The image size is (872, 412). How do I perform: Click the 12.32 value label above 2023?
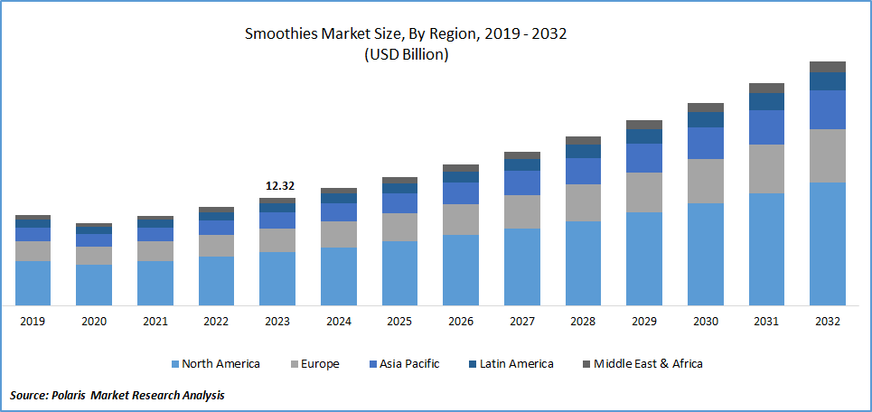(x=278, y=186)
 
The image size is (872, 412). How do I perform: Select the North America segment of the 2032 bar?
(x=827, y=243)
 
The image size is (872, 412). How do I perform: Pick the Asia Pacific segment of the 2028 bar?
(x=583, y=171)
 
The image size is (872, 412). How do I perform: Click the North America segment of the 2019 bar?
(x=33, y=283)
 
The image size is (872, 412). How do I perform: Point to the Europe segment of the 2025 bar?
(x=399, y=227)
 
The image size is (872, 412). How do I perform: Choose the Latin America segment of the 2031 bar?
(x=766, y=101)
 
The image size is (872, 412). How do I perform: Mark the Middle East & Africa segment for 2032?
(x=827, y=67)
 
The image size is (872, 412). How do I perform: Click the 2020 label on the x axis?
(x=94, y=322)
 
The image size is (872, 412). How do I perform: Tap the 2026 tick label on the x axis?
(x=460, y=322)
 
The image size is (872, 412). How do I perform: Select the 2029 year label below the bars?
(x=643, y=322)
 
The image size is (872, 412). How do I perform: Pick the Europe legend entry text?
(x=321, y=364)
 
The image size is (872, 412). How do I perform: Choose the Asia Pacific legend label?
(x=410, y=364)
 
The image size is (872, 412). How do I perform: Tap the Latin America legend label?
(x=516, y=364)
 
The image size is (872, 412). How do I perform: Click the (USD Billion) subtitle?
(x=406, y=54)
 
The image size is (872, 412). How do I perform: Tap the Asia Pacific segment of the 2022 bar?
(x=216, y=228)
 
